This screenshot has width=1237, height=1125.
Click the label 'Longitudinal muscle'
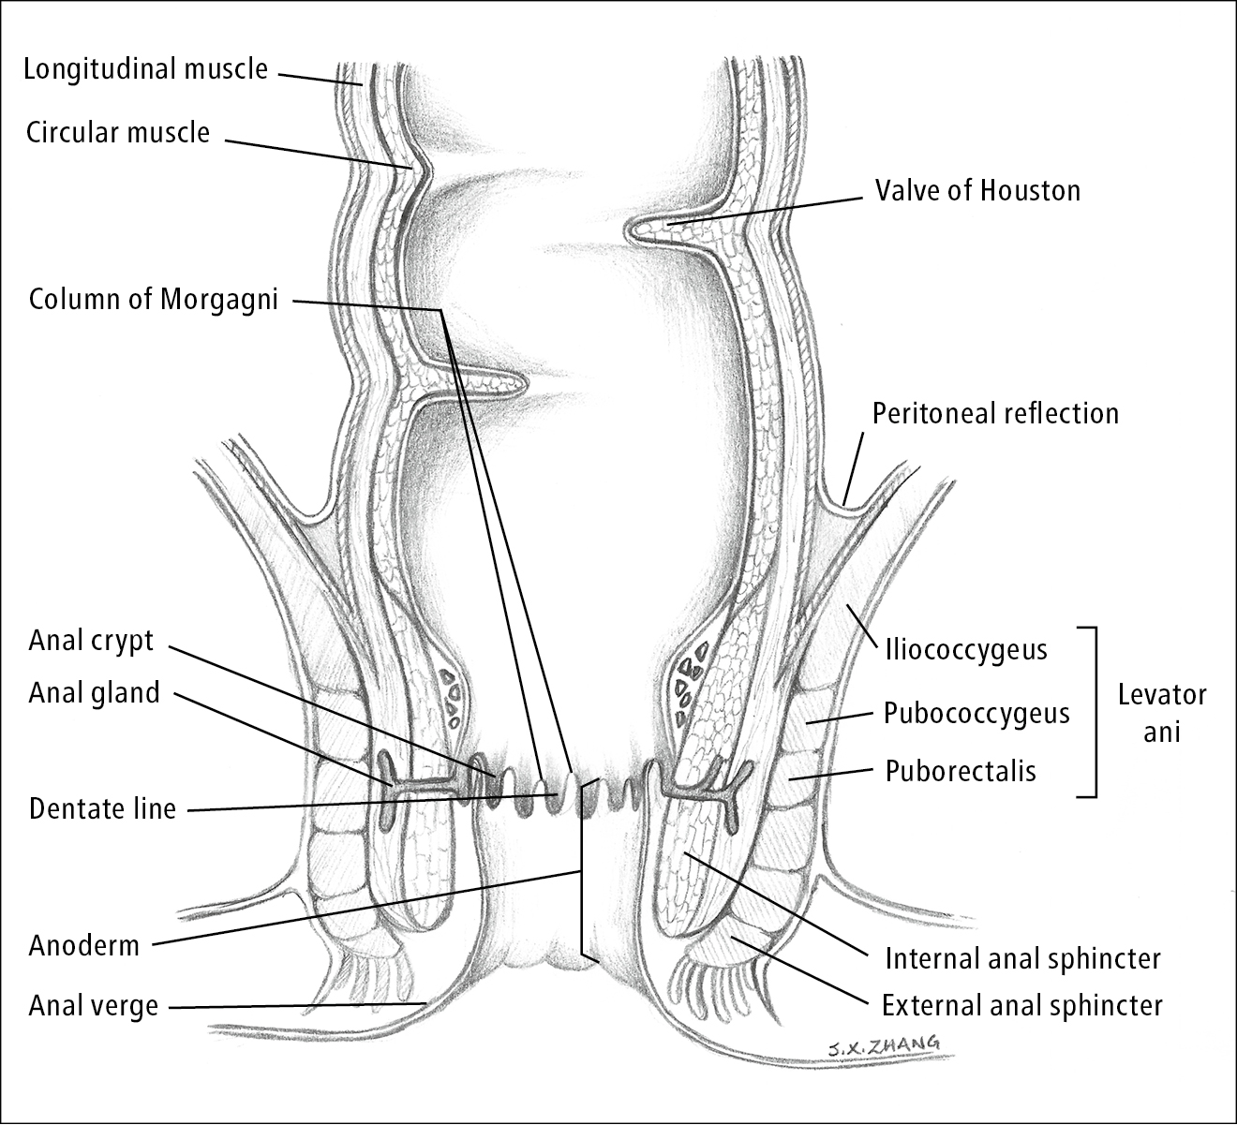pyautogui.click(x=145, y=69)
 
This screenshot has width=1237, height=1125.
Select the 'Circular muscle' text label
pyautogui.click(x=117, y=132)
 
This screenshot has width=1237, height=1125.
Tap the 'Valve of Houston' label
pyautogui.click(x=977, y=190)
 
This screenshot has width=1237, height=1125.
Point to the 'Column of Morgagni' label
pyautogui.click(x=154, y=300)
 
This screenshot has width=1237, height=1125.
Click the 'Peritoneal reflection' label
pyautogui.click(x=995, y=413)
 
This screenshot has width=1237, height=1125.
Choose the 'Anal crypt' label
pyautogui.click(x=91, y=641)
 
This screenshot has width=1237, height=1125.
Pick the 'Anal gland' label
pyautogui.click(x=94, y=693)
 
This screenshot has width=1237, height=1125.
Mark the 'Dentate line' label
pyautogui.click(x=102, y=808)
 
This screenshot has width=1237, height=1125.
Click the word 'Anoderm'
pyautogui.click(x=83, y=945)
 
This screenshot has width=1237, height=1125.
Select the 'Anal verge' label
pyautogui.click(x=94, y=1006)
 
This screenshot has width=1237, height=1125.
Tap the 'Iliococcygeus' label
pyautogui.click(x=965, y=649)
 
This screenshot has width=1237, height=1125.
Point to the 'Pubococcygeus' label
pyautogui.click(x=976, y=714)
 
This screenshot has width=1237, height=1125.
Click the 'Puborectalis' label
pyautogui.click(x=961, y=771)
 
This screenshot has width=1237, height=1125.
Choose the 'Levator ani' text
pyautogui.click(x=1162, y=712)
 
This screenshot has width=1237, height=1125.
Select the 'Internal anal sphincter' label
pyautogui.click(x=1022, y=958)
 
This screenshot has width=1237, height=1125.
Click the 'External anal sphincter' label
pyautogui.click(x=1022, y=1005)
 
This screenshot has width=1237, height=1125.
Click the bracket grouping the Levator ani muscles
pyautogui.click(x=1093, y=712)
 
